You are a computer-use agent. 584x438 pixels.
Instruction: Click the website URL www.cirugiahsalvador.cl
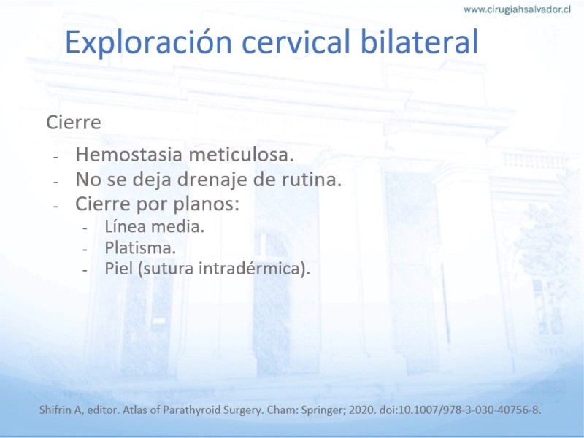click(x=517, y=9)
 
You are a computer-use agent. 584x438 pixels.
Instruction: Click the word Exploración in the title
click(x=149, y=42)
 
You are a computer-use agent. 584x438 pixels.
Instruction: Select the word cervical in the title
click(x=296, y=42)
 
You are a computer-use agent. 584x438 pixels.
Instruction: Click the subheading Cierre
click(x=74, y=122)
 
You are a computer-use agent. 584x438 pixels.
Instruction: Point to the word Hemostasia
click(x=130, y=155)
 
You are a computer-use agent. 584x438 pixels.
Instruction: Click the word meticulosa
click(x=242, y=155)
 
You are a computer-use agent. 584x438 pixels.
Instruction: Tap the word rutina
click(x=311, y=180)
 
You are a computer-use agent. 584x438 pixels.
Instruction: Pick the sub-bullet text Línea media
click(x=154, y=226)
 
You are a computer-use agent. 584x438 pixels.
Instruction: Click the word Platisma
click(x=140, y=247)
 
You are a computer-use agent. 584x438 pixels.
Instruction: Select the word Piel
click(x=118, y=269)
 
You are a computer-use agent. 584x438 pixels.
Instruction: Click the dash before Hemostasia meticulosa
click(x=56, y=157)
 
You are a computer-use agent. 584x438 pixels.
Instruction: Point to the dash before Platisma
click(x=85, y=250)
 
